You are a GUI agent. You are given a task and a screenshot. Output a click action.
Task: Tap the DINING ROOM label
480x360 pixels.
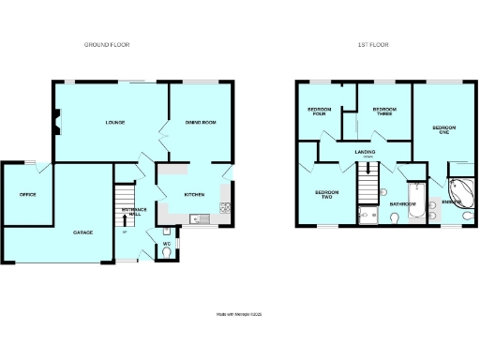coord(200,123)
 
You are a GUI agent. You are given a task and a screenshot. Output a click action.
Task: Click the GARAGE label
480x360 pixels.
coord(82,231)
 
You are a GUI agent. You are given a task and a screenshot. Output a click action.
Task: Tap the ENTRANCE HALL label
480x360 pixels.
coord(134,213)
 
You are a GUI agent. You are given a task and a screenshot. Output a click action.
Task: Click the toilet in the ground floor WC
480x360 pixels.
coord(166,252)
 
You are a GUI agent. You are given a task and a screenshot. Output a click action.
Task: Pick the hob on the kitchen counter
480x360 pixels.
coord(224,207)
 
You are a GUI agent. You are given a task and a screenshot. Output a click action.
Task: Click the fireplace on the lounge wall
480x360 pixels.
coord(58,120)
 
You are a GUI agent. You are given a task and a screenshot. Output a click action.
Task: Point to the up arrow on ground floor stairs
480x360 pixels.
coord(125,220)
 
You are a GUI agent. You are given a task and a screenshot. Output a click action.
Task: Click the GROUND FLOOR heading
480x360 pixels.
coord(106,44)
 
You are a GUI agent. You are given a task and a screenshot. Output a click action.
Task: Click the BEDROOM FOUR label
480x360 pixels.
coord(319,112)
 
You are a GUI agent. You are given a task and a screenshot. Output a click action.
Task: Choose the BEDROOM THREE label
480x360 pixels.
coord(382,112)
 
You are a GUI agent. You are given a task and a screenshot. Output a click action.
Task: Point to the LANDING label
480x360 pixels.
coord(365,151)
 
